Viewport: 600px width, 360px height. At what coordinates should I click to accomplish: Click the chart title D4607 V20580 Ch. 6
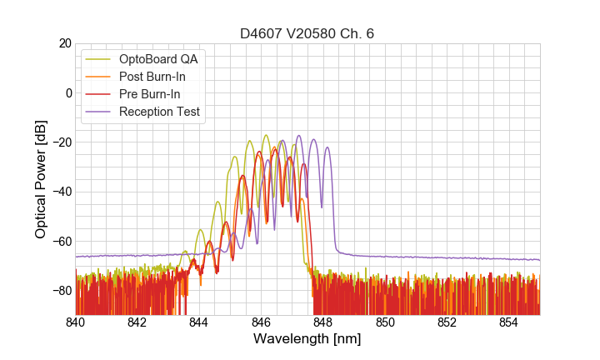307,34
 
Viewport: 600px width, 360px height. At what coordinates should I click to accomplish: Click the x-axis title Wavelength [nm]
307,339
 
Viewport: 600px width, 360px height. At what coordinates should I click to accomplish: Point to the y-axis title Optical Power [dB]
41,179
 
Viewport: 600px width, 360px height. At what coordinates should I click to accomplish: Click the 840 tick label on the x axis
76,322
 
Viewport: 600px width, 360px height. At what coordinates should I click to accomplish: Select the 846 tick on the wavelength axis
261,322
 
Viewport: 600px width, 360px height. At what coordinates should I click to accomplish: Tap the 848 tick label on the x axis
323,322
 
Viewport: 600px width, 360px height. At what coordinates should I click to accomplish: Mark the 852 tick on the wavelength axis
447,322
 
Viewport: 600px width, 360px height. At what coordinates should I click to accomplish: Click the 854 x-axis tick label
508,322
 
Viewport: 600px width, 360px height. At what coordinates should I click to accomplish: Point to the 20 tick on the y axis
62,43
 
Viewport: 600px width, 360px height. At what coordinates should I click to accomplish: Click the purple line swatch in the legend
99,112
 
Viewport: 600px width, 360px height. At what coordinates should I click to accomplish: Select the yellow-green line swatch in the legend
99,59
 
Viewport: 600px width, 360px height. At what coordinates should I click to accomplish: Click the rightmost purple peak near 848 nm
327,148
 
